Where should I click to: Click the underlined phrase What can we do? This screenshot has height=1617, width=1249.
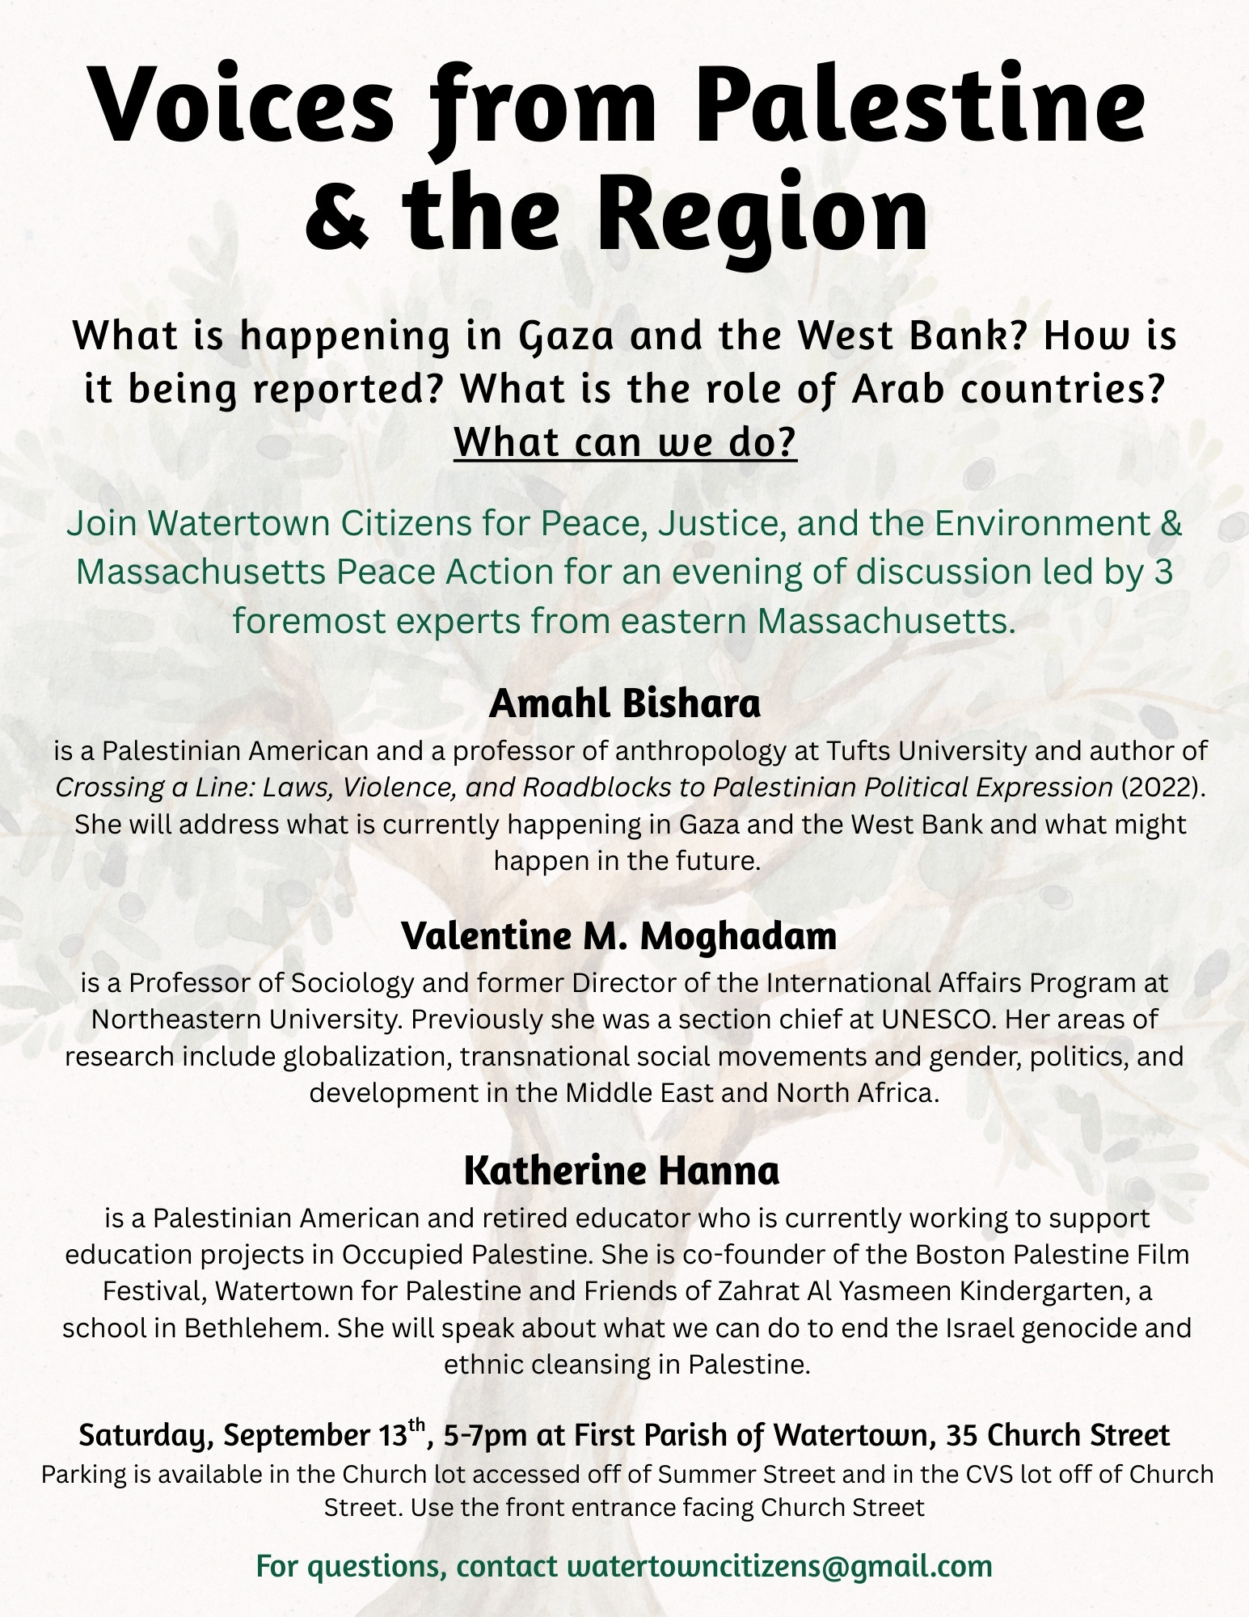625,442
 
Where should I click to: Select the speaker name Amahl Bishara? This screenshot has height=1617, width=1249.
624,703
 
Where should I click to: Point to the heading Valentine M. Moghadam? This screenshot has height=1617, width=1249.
619,936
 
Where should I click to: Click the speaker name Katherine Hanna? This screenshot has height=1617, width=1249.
622,1171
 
